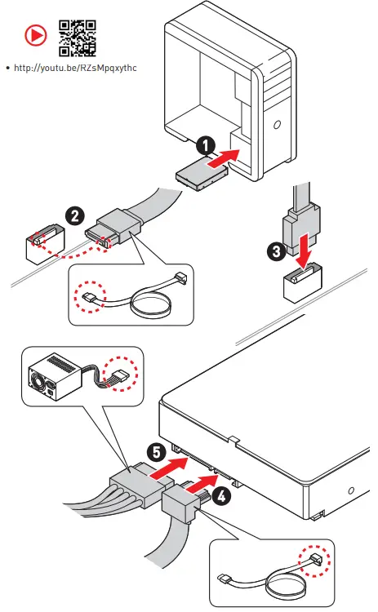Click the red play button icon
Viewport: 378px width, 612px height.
(x=36, y=36)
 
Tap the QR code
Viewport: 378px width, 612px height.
(x=78, y=38)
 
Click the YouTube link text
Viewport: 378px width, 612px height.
(x=75, y=68)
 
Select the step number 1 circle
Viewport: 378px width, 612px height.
(x=206, y=145)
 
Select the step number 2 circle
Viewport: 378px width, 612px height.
(x=74, y=216)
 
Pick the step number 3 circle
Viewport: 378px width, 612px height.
(x=277, y=251)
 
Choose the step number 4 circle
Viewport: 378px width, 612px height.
(x=221, y=496)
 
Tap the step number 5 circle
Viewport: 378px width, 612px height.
(x=156, y=453)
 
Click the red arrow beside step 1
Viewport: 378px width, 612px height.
(x=224, y=158)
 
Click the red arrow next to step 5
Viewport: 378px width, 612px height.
(x=168, y=468)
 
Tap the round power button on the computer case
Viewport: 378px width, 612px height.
(x=277, y=125)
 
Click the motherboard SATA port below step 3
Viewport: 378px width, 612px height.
(x=303, y=282)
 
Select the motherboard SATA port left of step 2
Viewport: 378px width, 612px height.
(x=45, y=243)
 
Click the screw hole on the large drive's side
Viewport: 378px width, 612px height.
(x=351, y=490)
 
